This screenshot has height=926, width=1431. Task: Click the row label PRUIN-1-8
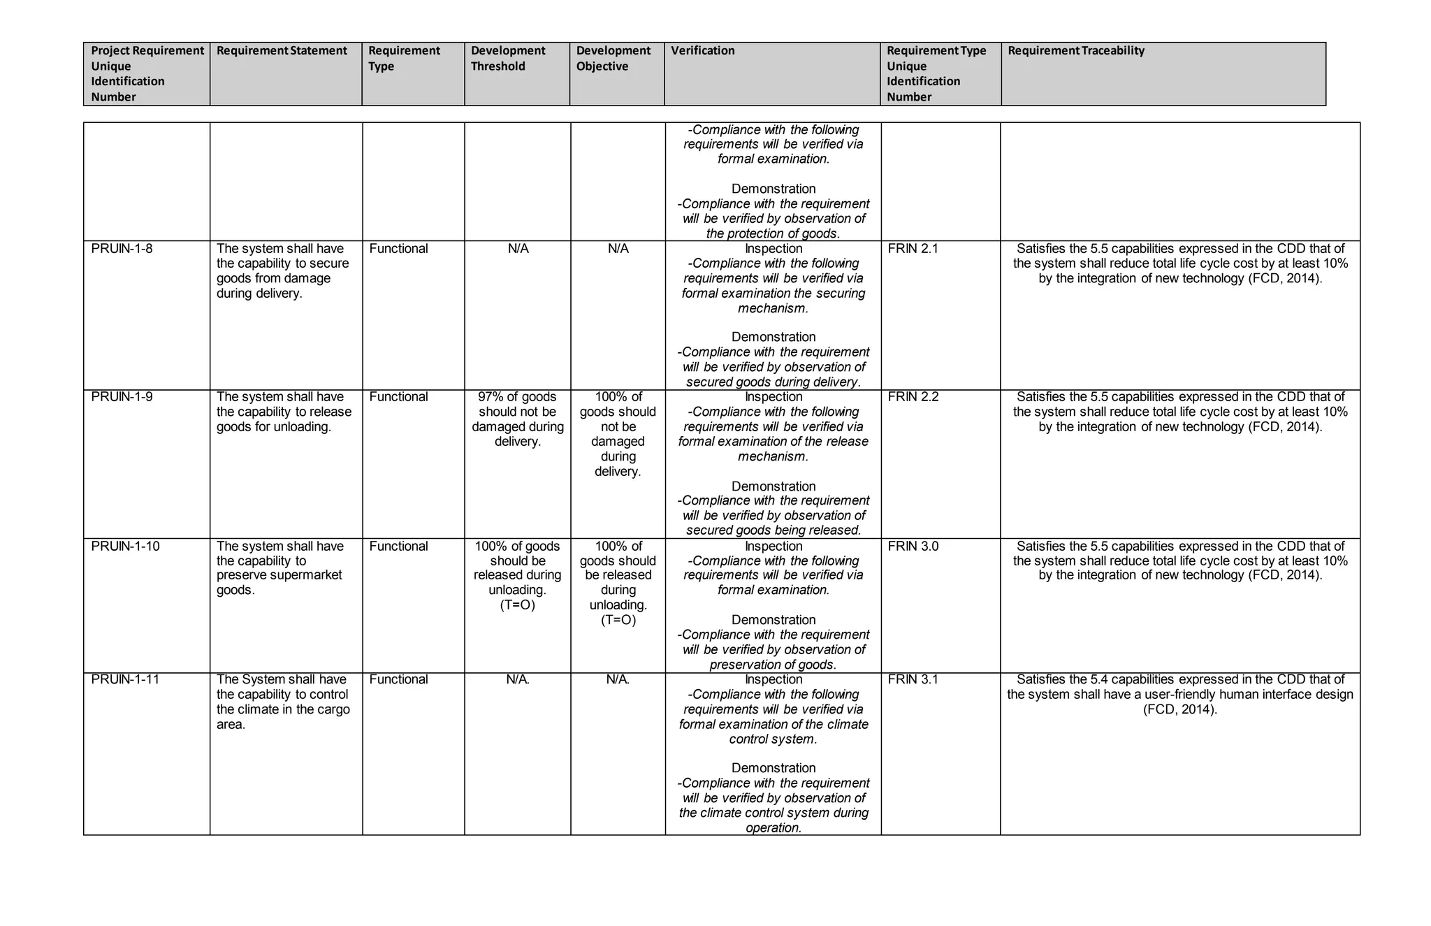coord(122,249)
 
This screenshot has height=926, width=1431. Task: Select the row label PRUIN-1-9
coord(122,397)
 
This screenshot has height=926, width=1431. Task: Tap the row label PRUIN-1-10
coord(125,546)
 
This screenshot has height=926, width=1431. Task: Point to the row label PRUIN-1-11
coord(125,679)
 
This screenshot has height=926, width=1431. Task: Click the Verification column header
coord(703,51)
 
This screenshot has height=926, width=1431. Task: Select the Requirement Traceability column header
coord(1076,51)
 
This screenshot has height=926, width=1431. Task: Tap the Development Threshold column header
coord(508,59)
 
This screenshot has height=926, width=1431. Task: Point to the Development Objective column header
coord(613,59)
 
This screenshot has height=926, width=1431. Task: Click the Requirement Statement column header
coord(282,51)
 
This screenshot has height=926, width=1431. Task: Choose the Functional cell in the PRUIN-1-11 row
coord(398,679)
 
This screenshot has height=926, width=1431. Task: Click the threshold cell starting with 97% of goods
coord(518,419)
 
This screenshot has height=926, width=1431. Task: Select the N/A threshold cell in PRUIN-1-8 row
coord(518,249)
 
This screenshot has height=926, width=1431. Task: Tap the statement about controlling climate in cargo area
coord(283,702)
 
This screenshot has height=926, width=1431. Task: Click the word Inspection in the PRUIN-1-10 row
coord(773,546)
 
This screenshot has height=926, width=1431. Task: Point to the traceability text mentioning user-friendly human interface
coord(1180,694)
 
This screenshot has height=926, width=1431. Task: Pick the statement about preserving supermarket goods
coord(280,567)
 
